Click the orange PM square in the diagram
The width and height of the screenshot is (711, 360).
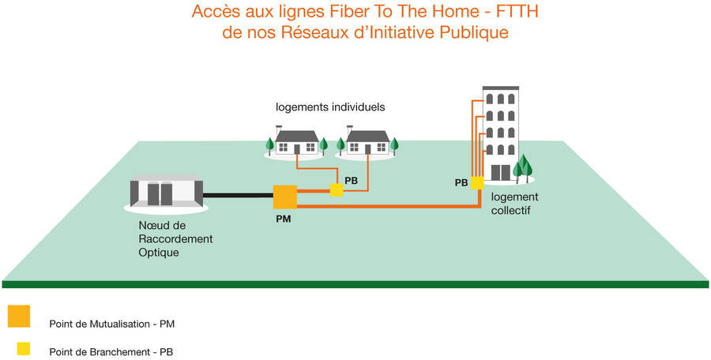tap(284, 197)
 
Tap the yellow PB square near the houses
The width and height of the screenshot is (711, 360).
tap(337, 189)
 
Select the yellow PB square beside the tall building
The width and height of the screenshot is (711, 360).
tap(476, 183)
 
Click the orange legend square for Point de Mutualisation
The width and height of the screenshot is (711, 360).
tap(19, 316)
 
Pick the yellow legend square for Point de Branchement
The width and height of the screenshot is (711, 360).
tap(24, 348)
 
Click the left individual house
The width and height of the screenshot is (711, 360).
tap(297, 143)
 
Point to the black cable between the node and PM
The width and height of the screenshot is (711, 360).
tap(238, 194)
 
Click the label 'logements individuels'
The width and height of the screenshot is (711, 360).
tap(330, 107)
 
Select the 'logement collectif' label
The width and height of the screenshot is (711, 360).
tap(514, 204)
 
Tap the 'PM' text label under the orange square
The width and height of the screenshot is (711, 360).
tap(284, 219)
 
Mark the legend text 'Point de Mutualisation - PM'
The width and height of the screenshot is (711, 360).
tap(111, 323)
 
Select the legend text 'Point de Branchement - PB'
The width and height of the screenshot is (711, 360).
tap(111, 352)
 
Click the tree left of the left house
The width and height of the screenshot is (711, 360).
tap(269, 145)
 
